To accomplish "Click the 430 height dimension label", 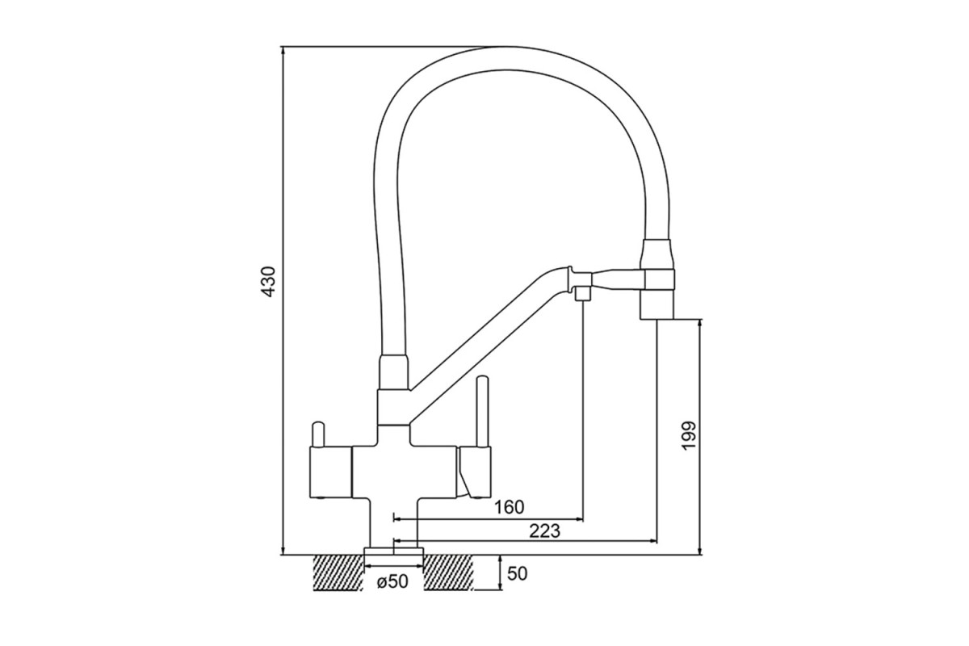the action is coord(269,282).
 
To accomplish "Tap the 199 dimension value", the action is coord(688,435).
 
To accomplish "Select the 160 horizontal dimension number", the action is coord(509,507).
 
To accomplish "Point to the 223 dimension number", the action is coord(544,531).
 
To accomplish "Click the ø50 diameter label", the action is coord(392,582).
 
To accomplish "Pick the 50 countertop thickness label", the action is coord(517,574).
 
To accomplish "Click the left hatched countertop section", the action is coord(338,573).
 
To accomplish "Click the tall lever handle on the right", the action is coord(482,413).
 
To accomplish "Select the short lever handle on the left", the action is coord(317,434).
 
